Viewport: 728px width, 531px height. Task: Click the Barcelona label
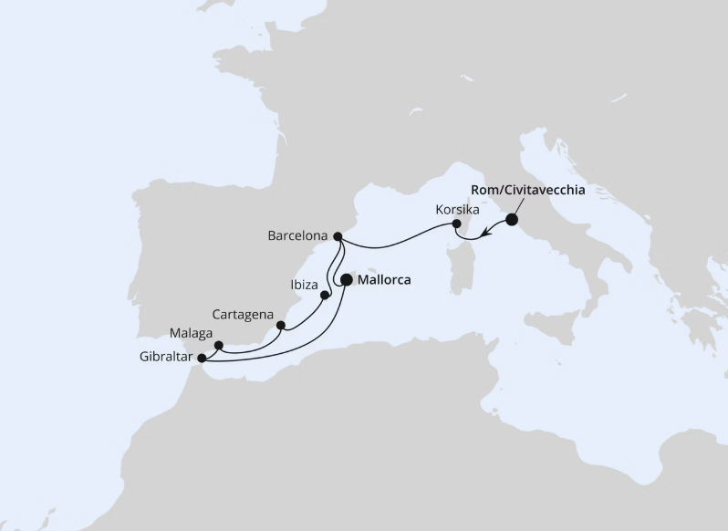click(297, 235)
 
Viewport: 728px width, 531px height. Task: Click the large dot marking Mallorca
click(347, 281)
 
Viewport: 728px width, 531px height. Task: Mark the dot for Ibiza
click(325, 295)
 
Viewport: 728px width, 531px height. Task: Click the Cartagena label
click(243, 314)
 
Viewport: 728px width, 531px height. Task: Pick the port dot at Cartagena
click(281, 325)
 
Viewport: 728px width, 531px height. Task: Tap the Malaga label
click(190, 333)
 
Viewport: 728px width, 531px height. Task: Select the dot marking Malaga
click(219, 345)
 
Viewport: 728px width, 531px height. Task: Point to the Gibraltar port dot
click(202, 358)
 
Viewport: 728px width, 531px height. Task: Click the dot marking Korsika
click(457, 224)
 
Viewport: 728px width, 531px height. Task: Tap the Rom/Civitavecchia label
click(527, 190)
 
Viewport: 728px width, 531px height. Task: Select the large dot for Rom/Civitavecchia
click(511, 219)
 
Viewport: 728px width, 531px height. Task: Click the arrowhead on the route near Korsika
click(485, 234)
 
